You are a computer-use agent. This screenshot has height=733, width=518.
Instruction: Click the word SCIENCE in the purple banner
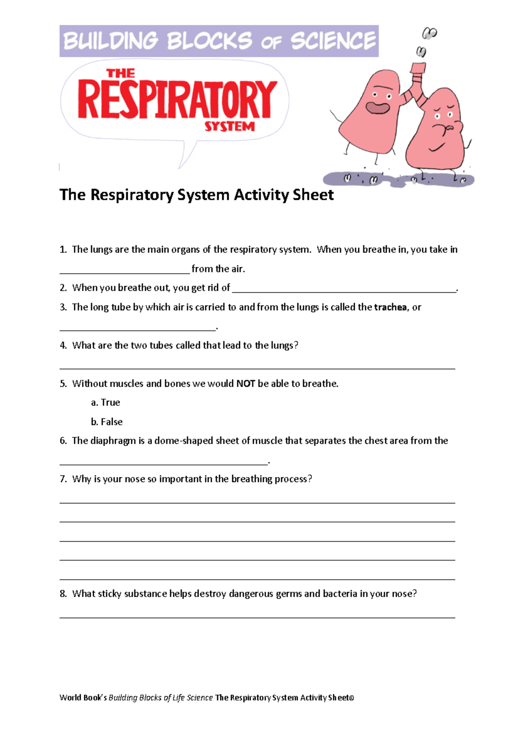click(x=333, y=41)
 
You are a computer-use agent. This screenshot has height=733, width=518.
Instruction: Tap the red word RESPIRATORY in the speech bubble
click(x=177, y=100)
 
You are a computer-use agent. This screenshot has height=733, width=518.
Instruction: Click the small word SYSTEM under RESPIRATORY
click(x=229, y=126)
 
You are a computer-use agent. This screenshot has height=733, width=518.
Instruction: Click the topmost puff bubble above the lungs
click(x=430, y=33)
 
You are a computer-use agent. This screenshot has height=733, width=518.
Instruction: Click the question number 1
click(x=63, y=250)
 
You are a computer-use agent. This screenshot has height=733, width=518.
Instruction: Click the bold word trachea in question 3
click(x=390, y=307)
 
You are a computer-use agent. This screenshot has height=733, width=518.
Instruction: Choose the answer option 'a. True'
click(x=106, y=402)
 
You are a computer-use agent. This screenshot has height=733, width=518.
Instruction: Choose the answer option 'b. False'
click(x=107, y=422)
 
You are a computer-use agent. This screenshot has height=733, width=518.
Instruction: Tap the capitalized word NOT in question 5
click(x=246, y=384)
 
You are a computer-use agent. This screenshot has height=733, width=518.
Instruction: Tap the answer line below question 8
click(x=257, y=617)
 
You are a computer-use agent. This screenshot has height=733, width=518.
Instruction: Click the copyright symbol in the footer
click(x=352, y=698)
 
